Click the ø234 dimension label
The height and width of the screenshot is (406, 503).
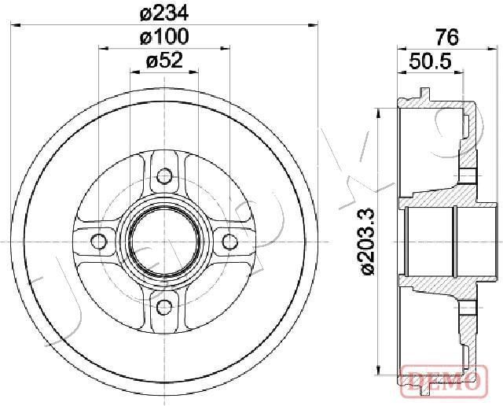(164, 13)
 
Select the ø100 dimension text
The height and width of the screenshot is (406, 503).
(164, 36)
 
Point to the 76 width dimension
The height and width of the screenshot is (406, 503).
(447, 37)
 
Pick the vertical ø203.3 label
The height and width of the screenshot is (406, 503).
(368, 242)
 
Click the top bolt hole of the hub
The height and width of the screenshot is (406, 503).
(164, 175)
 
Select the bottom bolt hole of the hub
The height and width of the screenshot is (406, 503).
(164, 307)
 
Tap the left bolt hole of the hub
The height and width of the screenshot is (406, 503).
(98, 242)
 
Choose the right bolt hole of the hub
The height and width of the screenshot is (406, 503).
(229, 242)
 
